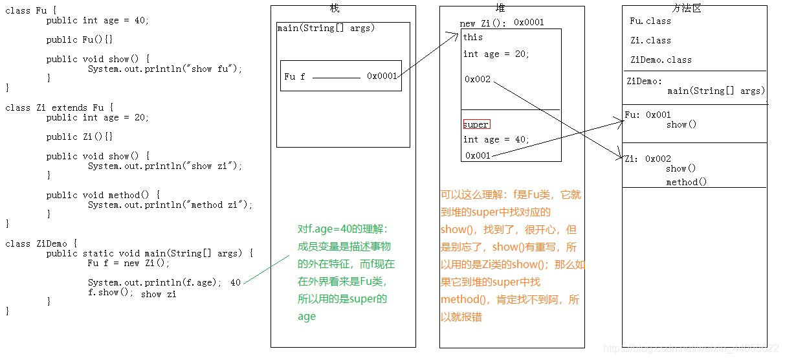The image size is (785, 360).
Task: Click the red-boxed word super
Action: pos(476,124)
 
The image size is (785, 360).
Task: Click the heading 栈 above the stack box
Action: pos(334,8)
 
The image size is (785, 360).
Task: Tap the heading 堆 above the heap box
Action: pos(500,8)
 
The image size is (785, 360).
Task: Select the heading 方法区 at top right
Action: pos(687,8)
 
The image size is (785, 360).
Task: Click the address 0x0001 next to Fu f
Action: pos(382,76)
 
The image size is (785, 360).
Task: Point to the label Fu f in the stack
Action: pos(294,76)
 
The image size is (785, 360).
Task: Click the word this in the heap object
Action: pos(473,38)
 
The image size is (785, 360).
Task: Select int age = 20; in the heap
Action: pos(496,54)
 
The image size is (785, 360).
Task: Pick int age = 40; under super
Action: pos(496,139)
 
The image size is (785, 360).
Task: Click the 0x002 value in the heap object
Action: pos(478,79)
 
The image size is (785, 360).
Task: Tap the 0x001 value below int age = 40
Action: pos(478,155)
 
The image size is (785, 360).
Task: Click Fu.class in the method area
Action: pos(650,21)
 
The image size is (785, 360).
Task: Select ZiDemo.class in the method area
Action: pos(661,60)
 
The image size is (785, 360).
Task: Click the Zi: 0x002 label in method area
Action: pos(647,159)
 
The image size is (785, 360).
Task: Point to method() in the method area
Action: pos(687,183)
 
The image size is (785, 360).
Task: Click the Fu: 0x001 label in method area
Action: pos(648,115)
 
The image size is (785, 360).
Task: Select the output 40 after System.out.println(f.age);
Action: pos(236,283)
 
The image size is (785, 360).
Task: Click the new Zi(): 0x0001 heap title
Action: pos(502,23)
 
